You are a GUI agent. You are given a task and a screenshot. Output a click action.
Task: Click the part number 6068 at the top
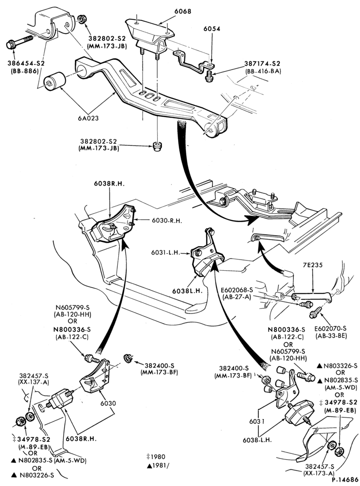click(183, 11)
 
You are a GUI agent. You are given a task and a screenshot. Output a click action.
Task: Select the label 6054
click(212, 29)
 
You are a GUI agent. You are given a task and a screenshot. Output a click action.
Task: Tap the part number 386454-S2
click(26, 63)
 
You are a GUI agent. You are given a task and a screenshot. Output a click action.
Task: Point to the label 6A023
click(89, 118)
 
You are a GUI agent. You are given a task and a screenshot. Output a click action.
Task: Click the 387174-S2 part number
click(262, 64)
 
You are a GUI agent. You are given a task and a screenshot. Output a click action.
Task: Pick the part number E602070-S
click(330, 328)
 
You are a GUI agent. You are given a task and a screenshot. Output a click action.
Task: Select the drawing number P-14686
click(345, 480)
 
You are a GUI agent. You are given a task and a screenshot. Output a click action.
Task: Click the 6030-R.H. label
click(167, 221)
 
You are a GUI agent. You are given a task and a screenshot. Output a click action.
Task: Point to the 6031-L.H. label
click(166, 252)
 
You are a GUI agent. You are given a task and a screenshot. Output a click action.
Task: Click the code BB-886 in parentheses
click(26, 70)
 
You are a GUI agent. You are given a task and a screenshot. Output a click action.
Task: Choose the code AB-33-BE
click(331, 335)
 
